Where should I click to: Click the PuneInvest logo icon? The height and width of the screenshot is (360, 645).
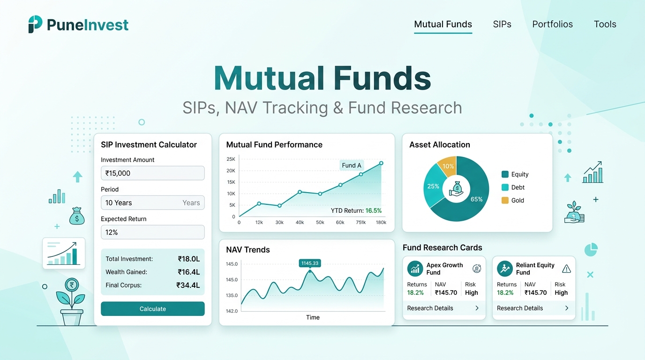click(x=35, y=24)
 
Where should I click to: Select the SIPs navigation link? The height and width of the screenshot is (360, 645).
click(x=502, y=24)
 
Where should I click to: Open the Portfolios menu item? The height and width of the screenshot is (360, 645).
click(x=552, y=24)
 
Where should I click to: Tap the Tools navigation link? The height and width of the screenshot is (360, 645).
click(x=605, y=24)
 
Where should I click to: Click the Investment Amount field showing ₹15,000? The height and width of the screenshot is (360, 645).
click(x=153, y=173)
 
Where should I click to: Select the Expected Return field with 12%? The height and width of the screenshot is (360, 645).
click(x=153, y=232)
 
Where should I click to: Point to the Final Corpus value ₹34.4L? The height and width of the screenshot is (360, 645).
click(x=188, y=285)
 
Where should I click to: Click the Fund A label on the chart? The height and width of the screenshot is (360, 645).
click(x=351, y=165)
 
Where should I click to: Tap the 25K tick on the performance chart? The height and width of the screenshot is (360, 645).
click(x=231, y=159)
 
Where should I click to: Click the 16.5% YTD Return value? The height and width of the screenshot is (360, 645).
click(x=374, y=210)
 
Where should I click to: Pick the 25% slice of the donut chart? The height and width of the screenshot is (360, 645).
click(x=433, y=186)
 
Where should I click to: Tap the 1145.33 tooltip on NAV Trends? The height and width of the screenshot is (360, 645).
click(x=310, y=263)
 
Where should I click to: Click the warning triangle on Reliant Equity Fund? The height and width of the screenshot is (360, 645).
click(x=566, y=269)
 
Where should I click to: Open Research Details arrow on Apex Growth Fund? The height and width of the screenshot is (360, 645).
click(x=477, y=308)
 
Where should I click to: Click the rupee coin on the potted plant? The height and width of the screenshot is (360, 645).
click(x=72, y=285)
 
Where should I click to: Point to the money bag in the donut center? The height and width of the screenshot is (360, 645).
click(x=457, y=189)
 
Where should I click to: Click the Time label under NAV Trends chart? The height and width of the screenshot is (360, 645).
click(x=313, y=317)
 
